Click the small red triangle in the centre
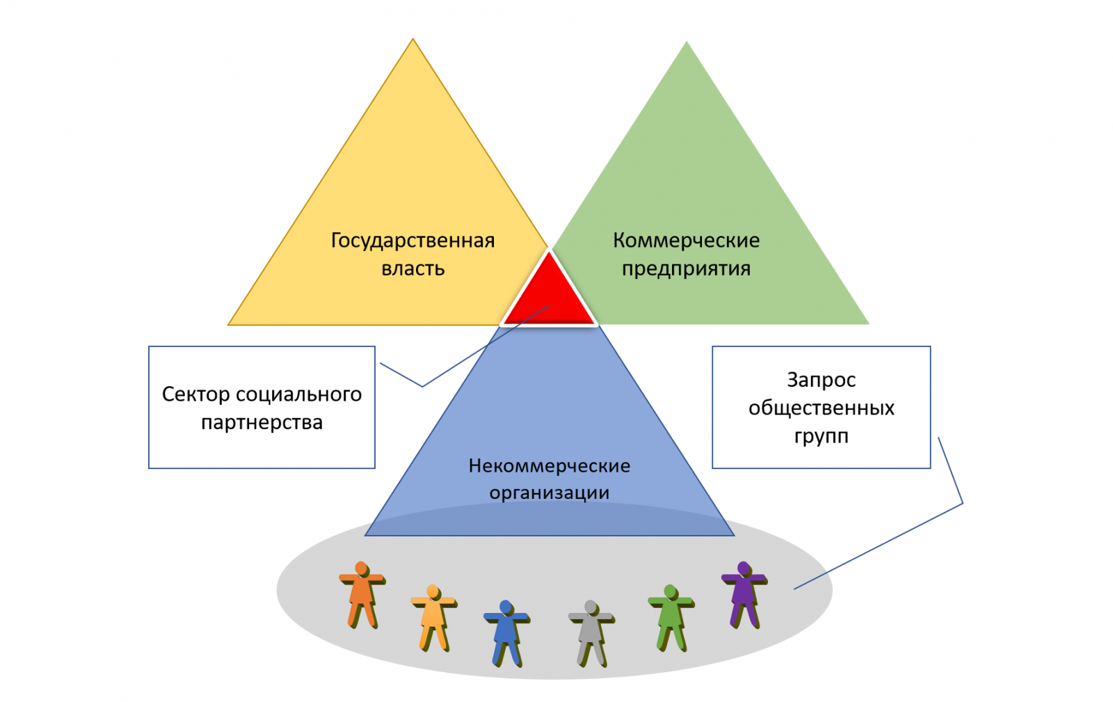tap(549, 296)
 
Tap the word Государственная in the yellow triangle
tap(413, 241)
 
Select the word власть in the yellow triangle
tap(413, 269)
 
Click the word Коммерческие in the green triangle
tap(686, 241)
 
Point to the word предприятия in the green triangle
tap(686, 269)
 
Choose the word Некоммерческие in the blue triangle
tap(549, 465)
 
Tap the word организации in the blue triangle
tap(549, 493)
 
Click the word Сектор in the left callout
tap(195, 394)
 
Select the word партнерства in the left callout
tap(262, 423)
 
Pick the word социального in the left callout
tap(298, 394)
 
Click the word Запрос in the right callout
tap(822, 380)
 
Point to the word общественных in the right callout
tap(822, 408)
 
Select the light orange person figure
tap(433, 618)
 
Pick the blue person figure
tap(506, 633)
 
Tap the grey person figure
tap(591, 633)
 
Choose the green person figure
tap(671, 618)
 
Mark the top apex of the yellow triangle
tap(413, 39)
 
